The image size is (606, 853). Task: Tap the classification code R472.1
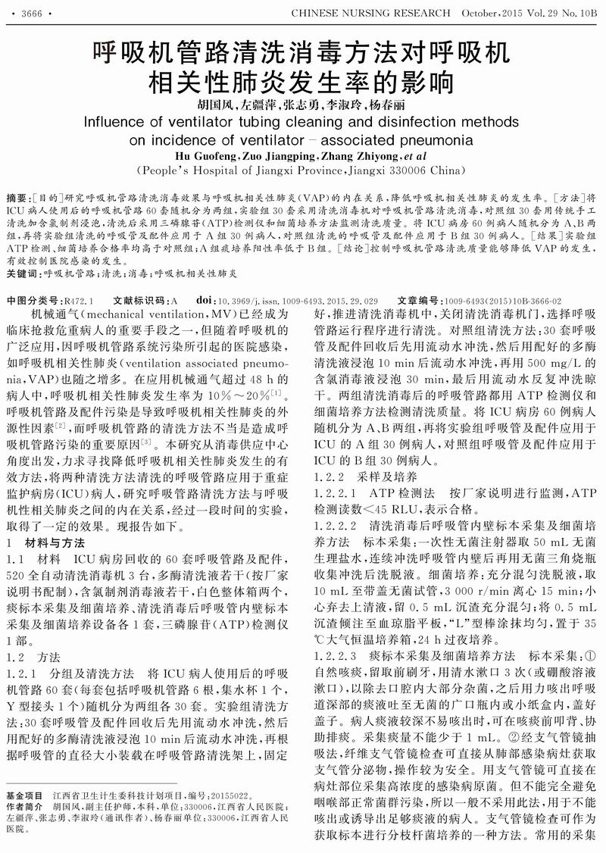pyautogui.click(x=81, y=300)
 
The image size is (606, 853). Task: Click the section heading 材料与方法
pyautogui.click(x=52, y=543)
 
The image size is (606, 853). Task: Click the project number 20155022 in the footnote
pyautogui.click(x=225, y=796)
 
